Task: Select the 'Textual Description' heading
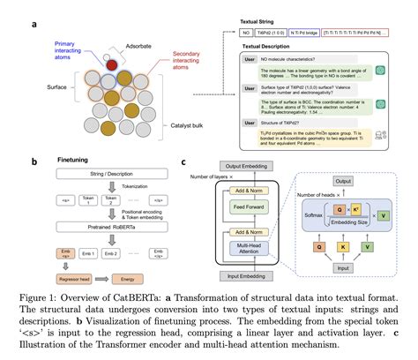click(259, 47)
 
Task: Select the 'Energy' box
click(123, 277)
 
